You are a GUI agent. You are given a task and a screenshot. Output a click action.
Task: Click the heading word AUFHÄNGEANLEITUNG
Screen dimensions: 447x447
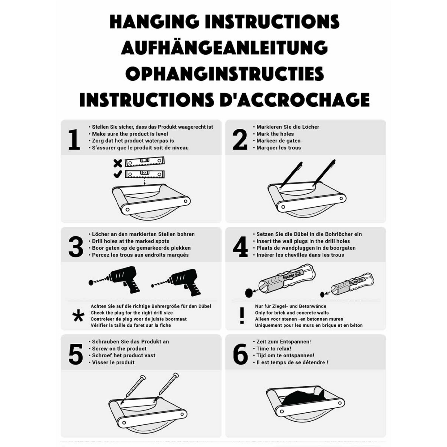224,48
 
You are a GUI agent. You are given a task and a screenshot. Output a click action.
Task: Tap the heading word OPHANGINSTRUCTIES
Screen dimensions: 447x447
225,74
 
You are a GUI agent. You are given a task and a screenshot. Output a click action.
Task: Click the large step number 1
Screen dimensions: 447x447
74,140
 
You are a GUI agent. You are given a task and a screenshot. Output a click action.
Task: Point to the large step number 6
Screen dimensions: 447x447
240,354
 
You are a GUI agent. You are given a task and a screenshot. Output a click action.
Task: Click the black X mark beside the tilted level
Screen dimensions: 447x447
118,163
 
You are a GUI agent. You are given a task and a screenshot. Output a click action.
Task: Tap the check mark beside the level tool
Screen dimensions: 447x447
118,174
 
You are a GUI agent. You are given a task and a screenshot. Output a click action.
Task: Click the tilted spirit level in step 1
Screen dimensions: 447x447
144,162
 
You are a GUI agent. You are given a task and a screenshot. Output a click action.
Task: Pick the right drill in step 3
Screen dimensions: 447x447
176,282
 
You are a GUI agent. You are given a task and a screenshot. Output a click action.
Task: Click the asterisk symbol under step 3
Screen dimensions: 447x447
78,316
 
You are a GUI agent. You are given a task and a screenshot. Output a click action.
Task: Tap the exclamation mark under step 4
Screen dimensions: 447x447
242,316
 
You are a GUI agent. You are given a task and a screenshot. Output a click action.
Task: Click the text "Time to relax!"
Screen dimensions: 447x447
274,348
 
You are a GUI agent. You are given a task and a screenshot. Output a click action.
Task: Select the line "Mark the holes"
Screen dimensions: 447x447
275,134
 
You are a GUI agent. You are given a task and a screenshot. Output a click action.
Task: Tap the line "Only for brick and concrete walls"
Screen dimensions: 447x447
292,313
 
